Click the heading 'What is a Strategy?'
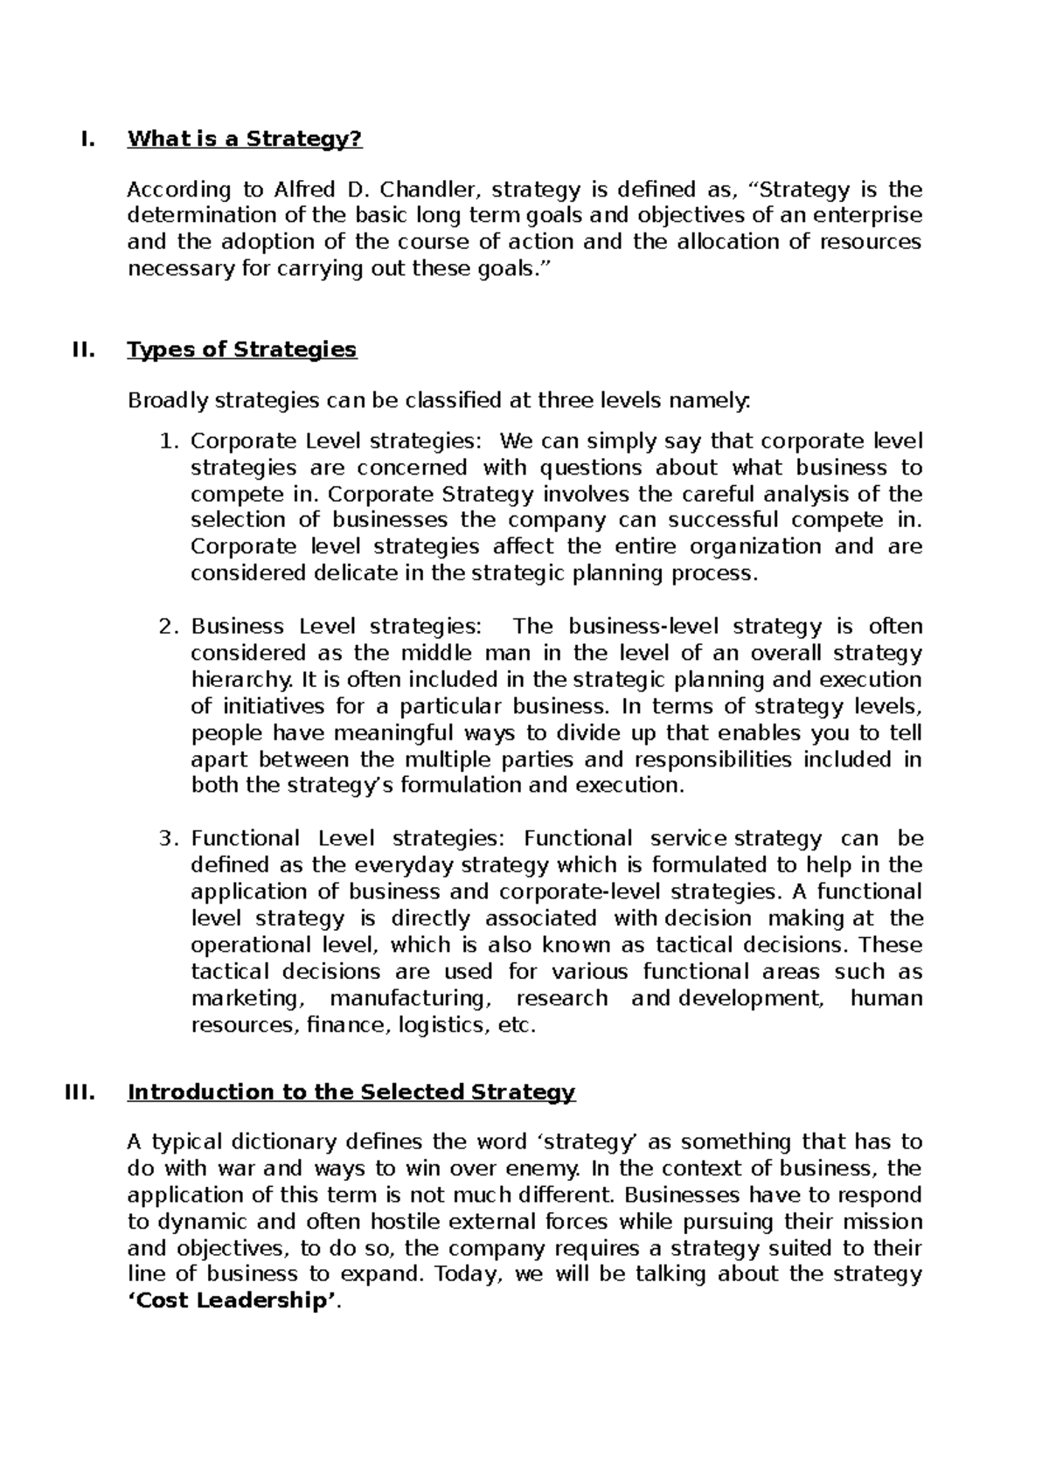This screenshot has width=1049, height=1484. point(244,139)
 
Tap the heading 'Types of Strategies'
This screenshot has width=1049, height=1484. point(241,350)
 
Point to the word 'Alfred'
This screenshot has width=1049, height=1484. point(307,190)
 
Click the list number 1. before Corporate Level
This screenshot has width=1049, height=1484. point(170,441)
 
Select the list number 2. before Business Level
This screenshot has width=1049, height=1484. point(170,627)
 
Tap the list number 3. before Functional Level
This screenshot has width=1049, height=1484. point(170,839)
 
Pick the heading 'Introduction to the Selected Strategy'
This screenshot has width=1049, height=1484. point(351,1092)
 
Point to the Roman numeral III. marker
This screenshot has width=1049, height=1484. point(80,1092)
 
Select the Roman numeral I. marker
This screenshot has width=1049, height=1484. point(86,139)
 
